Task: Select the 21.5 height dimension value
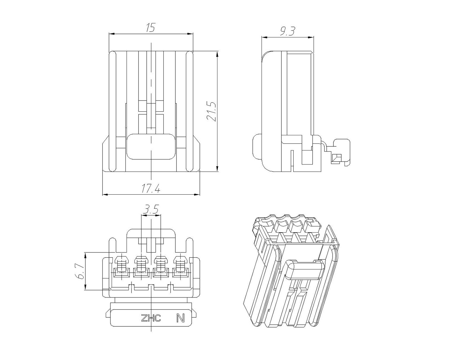(211, 112)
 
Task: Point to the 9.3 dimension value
(288, 31)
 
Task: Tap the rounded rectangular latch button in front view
(151, 147)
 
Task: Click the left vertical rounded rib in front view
(112, 111)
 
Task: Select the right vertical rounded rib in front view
(189, 111)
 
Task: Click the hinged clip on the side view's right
(338, 153)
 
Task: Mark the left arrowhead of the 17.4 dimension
(105, 195)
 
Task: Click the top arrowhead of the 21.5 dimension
(217, 54)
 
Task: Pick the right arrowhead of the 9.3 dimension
(311, 38)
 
